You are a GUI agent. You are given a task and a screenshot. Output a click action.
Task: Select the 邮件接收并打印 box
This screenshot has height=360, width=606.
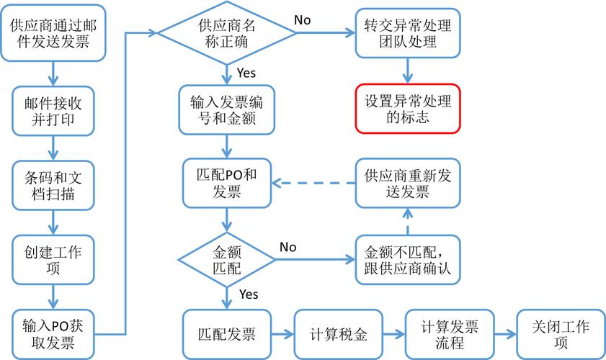[53, 109]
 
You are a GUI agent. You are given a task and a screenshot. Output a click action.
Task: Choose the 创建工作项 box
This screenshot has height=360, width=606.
[53, 258]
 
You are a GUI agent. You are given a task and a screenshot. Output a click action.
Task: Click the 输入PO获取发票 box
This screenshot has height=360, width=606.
[53, 333]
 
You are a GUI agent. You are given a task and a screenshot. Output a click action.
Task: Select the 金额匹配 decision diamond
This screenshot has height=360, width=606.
[227, 258]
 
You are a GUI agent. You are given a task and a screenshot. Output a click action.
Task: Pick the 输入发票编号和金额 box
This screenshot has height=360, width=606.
[227, 109]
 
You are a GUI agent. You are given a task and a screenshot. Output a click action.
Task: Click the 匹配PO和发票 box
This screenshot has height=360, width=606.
[227, 184]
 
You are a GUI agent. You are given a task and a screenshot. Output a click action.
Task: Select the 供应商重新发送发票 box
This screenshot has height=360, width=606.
[407, 184]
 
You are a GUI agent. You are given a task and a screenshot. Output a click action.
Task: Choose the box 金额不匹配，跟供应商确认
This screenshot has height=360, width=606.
[407, 258]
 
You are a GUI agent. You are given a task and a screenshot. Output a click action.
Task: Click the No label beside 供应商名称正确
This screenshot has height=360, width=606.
[302, 20]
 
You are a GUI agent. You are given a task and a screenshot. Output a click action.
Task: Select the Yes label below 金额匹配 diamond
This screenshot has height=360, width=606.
[248, 294]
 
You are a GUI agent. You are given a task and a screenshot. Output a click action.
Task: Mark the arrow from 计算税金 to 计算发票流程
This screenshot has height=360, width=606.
[393, 334]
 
